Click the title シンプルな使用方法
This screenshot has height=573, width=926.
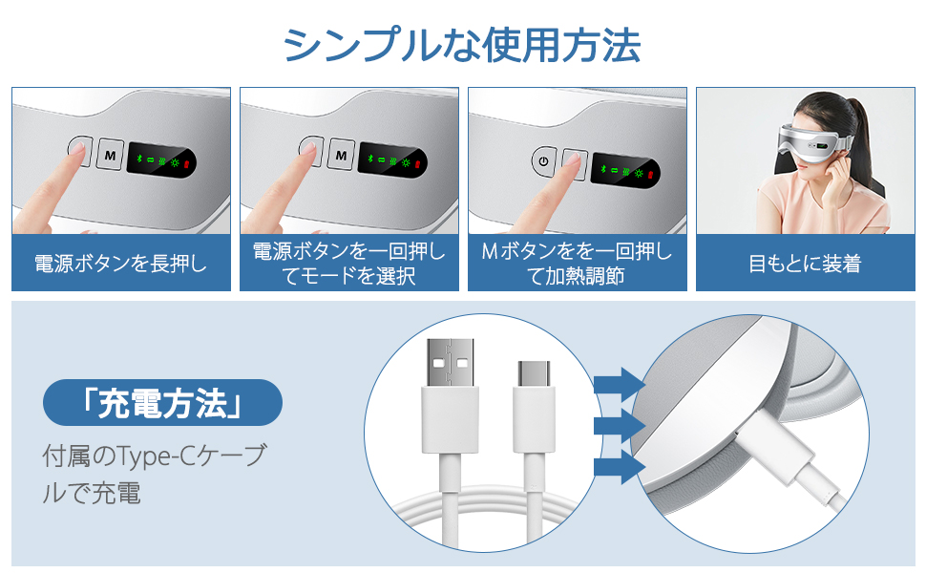462,45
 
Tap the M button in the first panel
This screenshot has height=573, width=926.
111,153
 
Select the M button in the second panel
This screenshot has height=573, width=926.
340,153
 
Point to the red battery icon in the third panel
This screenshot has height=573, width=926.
653,176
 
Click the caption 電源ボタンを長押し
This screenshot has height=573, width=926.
120,263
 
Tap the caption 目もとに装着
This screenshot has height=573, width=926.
805,263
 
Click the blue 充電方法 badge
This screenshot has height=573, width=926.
162,402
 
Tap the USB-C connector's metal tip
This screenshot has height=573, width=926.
534,374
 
